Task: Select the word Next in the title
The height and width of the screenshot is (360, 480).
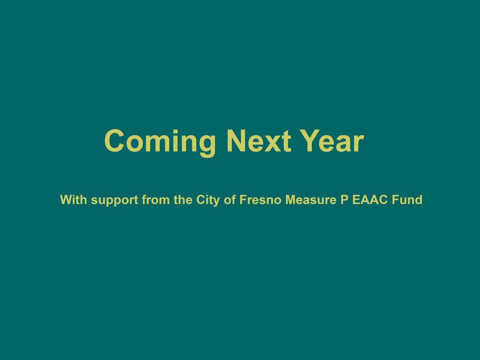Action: coord(259,141)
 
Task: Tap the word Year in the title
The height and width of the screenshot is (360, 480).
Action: coord(332,141)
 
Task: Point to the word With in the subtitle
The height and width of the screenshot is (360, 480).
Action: coord(74,200)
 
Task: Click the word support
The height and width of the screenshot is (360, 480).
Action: coord(114,201)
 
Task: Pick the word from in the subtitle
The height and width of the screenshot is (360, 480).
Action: coord(156,200)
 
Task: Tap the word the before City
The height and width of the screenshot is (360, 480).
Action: coord(183,200)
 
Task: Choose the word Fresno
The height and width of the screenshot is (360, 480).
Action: coord(261,200)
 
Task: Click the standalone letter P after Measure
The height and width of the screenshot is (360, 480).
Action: coord(344,200)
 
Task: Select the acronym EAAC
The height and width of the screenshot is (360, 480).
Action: coord(370,200)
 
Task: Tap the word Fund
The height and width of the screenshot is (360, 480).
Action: coord(407,200)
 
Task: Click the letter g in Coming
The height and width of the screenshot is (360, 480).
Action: coord(206,146)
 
